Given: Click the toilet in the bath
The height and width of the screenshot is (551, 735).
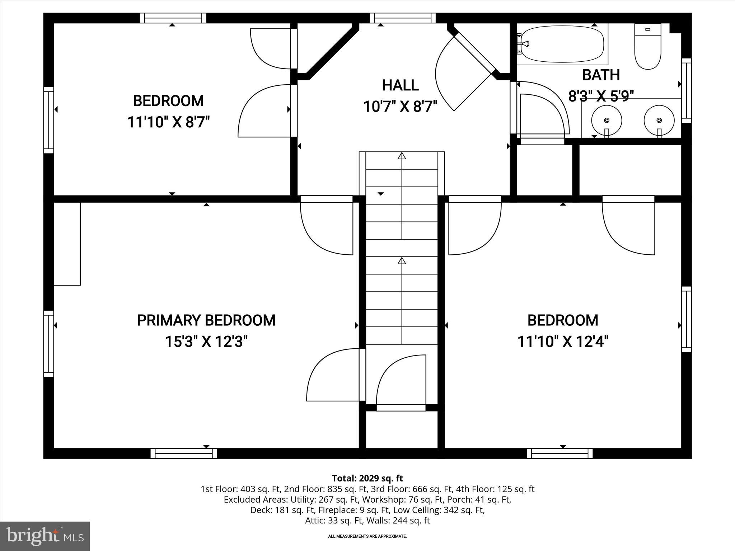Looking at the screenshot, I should click(648, 48).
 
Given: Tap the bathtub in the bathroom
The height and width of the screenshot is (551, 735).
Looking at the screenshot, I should click(562, 44).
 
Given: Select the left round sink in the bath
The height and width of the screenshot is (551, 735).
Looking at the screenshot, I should click(607, 120).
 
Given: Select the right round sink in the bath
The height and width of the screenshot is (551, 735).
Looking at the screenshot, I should click(659, 120).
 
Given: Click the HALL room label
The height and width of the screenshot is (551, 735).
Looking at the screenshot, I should click(400, 85).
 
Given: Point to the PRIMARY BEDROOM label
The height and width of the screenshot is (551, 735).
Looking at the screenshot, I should click(206, 320).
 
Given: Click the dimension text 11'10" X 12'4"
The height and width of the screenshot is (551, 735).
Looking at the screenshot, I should click(563, 342).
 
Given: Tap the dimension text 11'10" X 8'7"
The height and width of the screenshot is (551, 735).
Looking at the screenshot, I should click(168, 122).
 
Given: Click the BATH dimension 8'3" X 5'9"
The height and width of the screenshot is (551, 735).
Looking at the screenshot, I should click(601, 96).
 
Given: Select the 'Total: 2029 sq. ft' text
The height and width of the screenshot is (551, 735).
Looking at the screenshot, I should click(367, 478).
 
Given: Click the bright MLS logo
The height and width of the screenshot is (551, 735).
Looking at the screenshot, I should click(45, 536).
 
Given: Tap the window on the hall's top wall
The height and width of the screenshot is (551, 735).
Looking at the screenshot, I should click(403, 18).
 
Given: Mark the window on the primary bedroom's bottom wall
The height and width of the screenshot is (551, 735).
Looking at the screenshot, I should click(184, 453).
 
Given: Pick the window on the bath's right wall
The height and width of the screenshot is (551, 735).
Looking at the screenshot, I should click(686, 90).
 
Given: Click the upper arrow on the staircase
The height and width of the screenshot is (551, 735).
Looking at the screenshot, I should click(402, 156).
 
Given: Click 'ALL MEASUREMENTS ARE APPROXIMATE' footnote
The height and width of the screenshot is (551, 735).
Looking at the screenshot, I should click(367, 536).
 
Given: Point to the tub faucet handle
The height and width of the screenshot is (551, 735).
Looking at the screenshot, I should click(525, 44).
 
